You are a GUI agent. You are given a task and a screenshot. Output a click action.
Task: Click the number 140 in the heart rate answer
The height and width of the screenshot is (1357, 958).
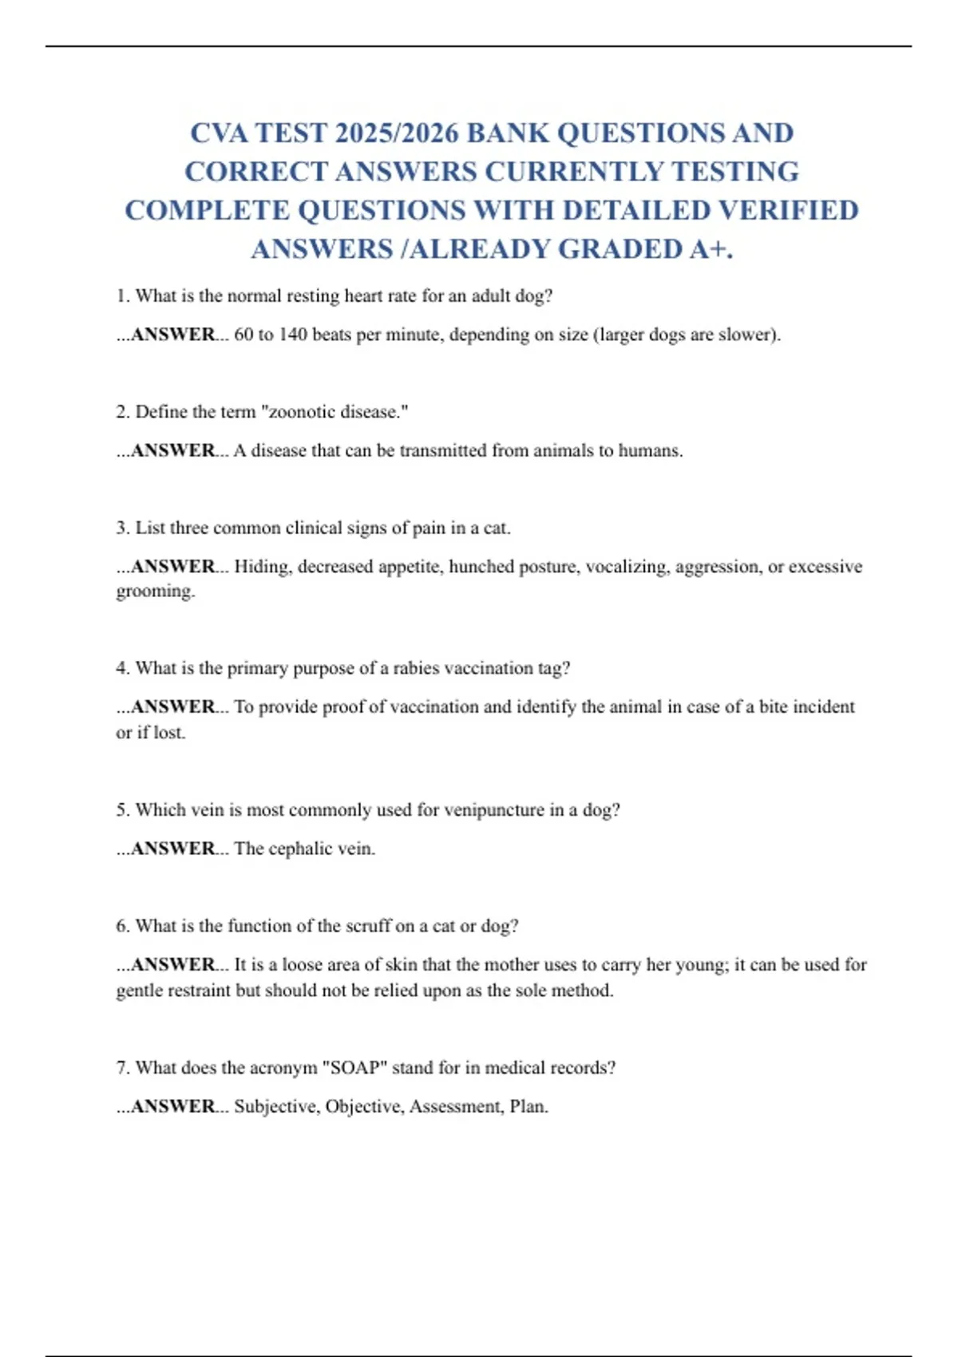292,334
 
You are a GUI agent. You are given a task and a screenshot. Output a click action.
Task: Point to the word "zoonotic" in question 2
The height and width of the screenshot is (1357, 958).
304,412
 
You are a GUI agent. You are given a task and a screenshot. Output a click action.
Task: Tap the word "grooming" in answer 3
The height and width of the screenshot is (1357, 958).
154,591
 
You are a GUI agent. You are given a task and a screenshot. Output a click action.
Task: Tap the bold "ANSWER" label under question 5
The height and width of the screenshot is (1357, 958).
172,849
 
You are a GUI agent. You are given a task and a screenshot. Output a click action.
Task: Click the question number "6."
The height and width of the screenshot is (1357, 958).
123,926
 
